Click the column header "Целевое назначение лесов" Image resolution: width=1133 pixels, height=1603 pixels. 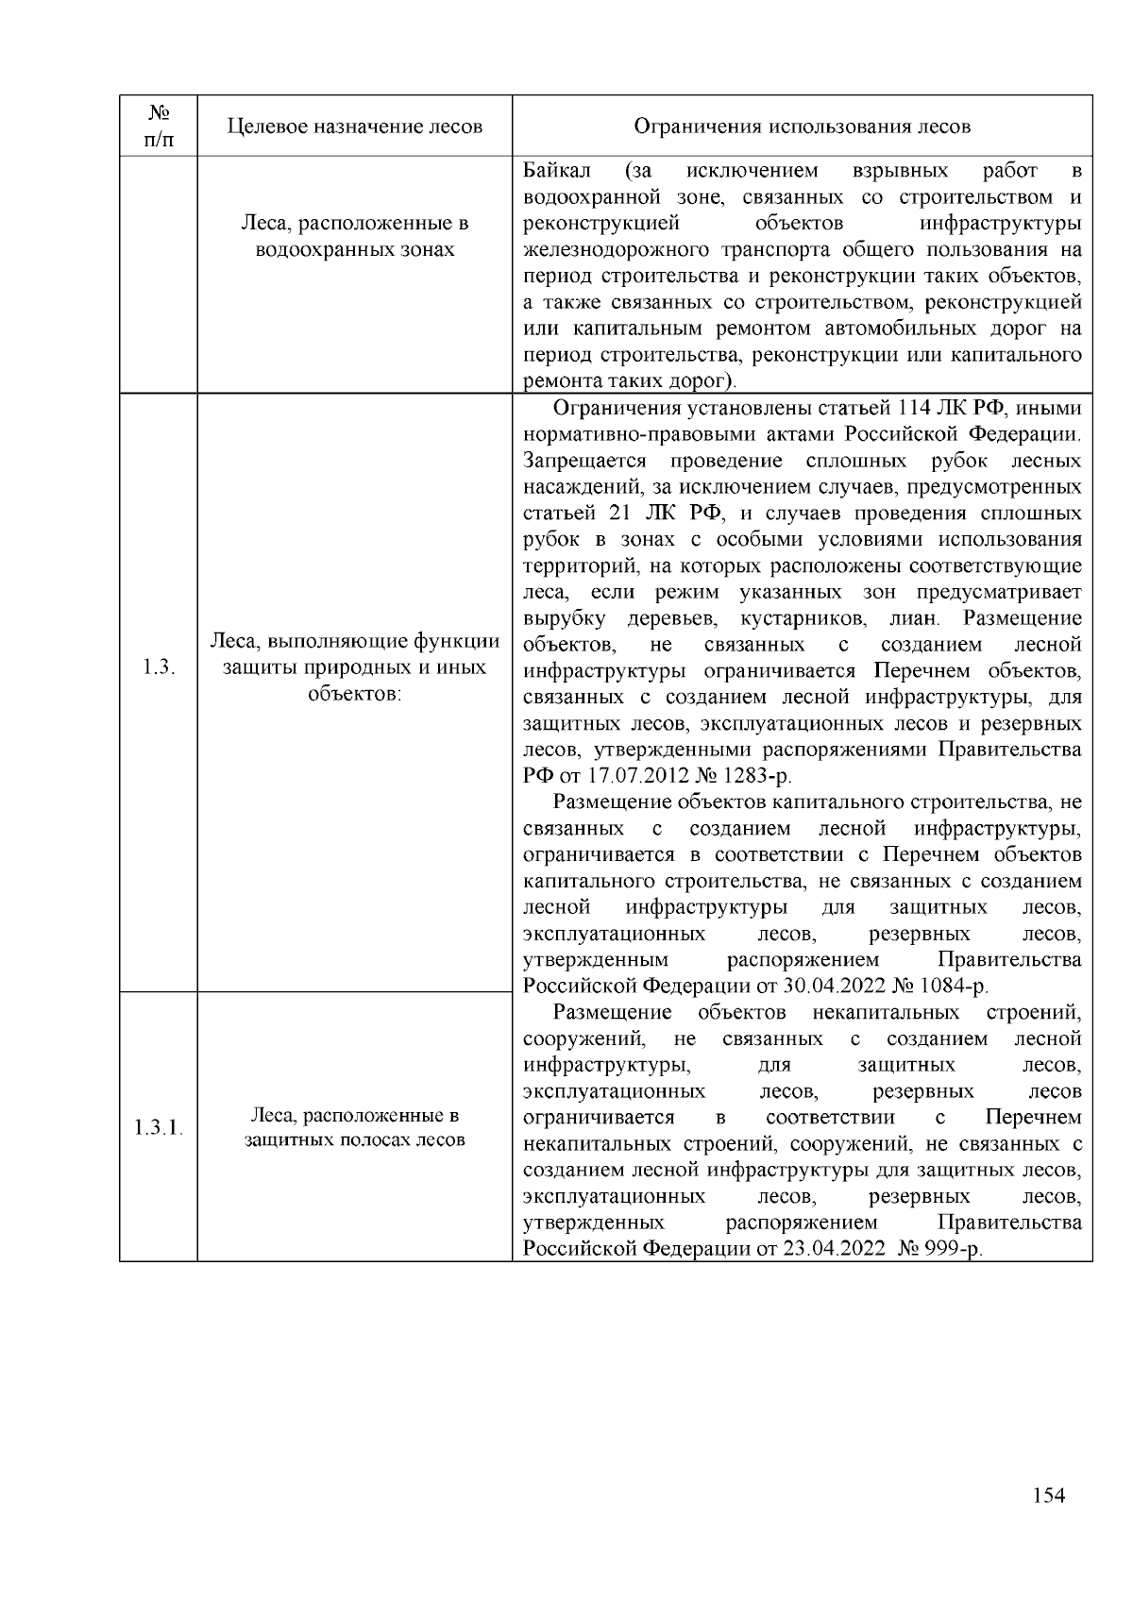355,127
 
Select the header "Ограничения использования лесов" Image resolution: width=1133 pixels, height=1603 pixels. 802,127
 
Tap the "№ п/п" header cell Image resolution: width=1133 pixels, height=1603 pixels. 159,126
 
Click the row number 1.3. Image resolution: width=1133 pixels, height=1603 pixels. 159,667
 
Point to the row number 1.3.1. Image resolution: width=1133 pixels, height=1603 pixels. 159,1128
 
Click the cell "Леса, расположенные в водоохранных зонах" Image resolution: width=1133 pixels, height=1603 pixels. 355,237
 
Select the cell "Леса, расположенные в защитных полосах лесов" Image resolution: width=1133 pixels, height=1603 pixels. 355,1128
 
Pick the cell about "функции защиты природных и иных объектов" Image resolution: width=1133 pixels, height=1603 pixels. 355,667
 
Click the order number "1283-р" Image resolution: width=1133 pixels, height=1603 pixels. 758,777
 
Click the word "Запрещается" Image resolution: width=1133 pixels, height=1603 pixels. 584,462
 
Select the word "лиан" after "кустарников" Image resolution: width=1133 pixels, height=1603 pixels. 912,619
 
